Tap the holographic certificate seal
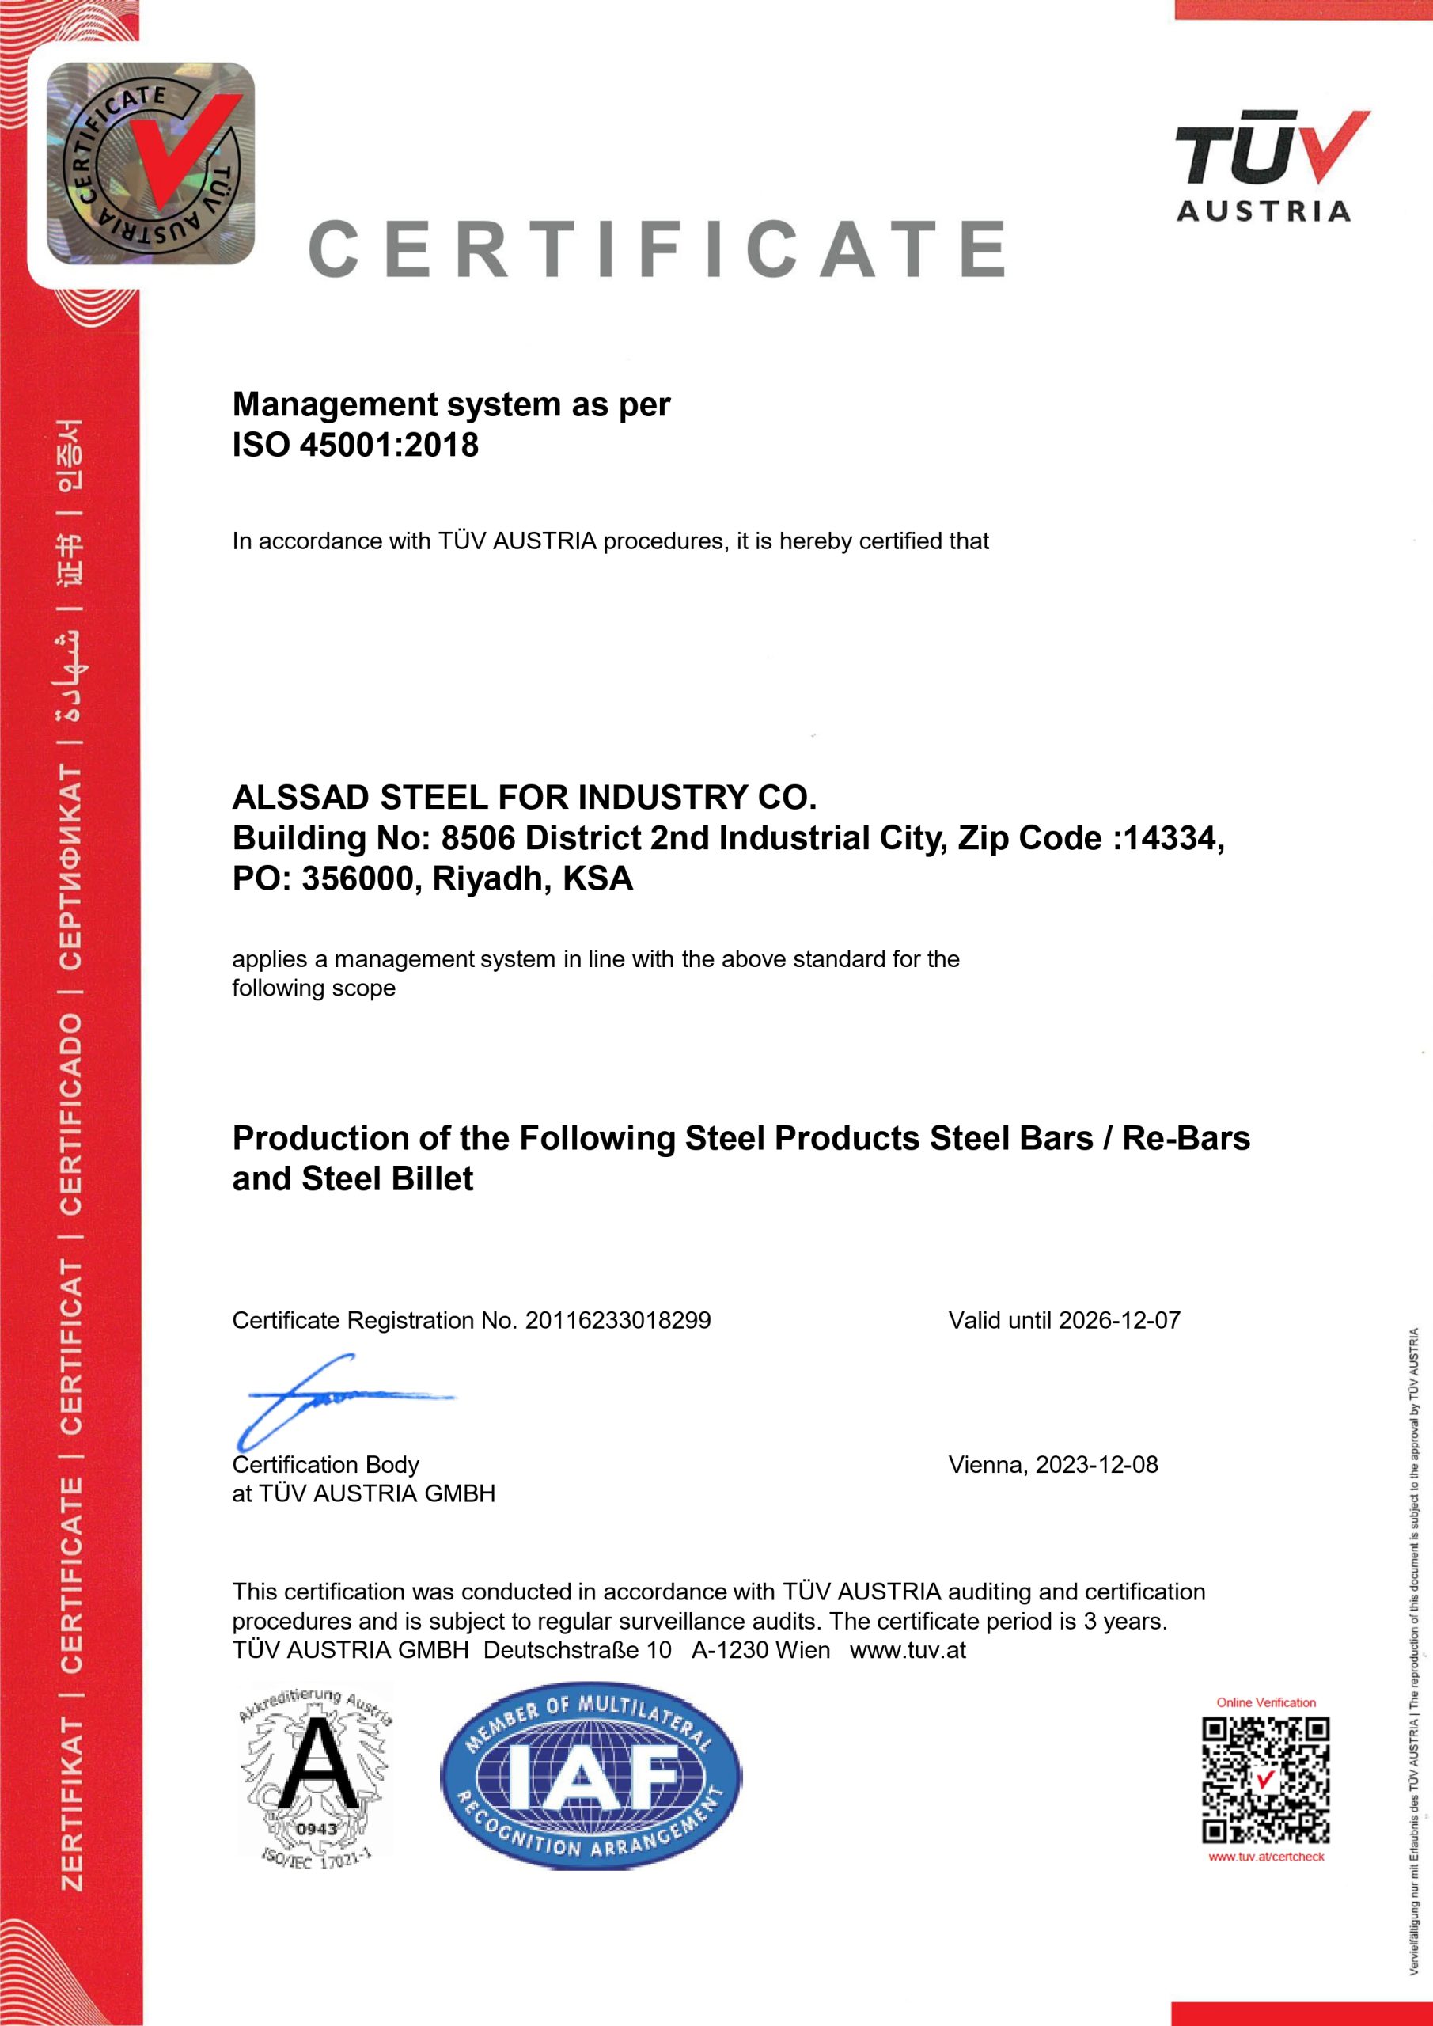(151, 164)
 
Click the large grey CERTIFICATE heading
(658, 249)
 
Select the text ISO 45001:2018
(354, 445)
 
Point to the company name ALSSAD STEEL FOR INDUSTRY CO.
(524, 798)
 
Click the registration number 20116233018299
(618, 1320)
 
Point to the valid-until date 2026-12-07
(1119, 1320)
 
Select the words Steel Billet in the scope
(388, 1179)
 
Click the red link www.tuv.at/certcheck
(1266, 1857)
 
